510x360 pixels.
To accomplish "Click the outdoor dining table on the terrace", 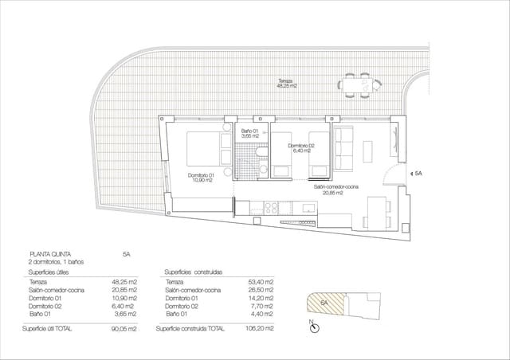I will [x=356, y=85].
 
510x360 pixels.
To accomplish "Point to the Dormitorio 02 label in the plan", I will [x=301, y=147].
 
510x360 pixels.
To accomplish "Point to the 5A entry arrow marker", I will [x=410, y=173].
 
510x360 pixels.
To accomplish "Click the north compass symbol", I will [x=315, y=327].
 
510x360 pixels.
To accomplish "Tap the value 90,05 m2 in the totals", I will [x=123, y=328].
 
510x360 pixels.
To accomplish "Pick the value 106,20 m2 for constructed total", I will [x=260, y=328].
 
